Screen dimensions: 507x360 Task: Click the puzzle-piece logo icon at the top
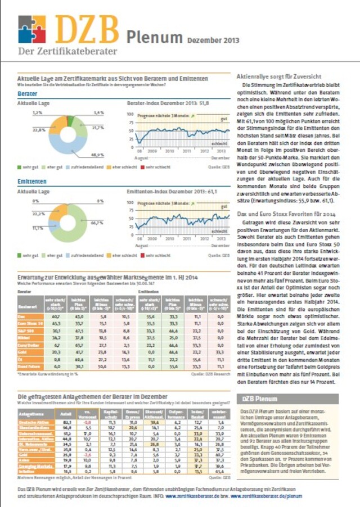click(x=31, y=29)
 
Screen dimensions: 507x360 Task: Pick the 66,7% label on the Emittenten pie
click(x=97, y=223)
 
